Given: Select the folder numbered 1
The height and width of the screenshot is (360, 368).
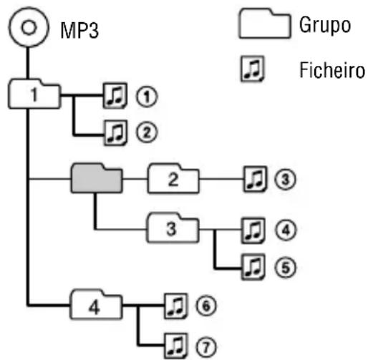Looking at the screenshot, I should click(x=34, y=93).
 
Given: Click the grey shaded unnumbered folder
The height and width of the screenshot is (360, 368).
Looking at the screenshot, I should click(x=95, y=176).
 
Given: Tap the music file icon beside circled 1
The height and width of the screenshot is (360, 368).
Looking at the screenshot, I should click(x=114, y=94).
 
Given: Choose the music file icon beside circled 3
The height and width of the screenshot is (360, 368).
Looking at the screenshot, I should click(x=253, y=177).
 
